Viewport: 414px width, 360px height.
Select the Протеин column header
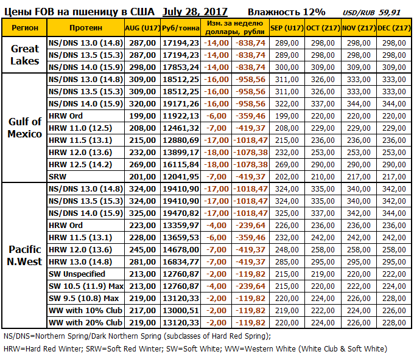(85, 28)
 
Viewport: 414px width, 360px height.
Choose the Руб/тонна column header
(180, 28)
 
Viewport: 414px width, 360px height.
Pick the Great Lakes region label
(24, 55)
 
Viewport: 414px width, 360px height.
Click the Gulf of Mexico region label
(24, 128)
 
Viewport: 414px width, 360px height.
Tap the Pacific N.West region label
(24, 255)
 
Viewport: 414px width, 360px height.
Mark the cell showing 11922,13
(180, 116)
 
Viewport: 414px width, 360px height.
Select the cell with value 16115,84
(180, 164)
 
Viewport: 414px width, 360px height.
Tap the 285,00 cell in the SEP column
(286, 261)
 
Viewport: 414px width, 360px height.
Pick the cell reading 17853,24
(180, 67)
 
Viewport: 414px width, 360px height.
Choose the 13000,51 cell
(180, 310)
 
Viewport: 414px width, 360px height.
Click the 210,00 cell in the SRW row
(322, 176)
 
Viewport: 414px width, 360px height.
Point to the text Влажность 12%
(286, 12)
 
